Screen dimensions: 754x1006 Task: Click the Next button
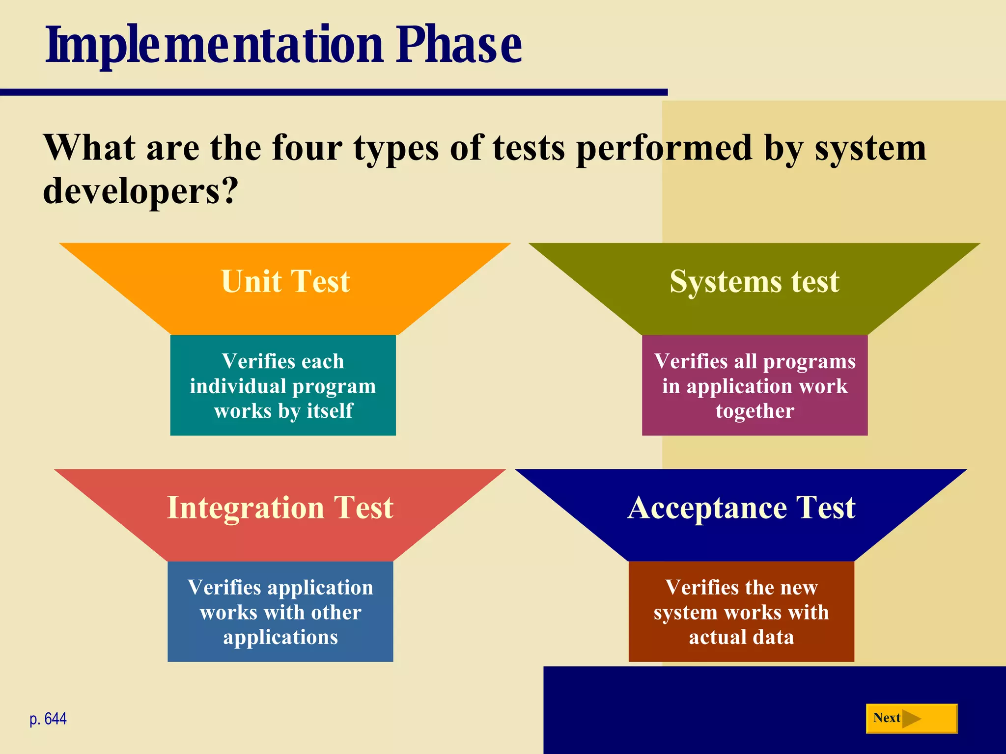[x=911, y=718]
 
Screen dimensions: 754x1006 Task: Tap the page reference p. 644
[x=48, y=719]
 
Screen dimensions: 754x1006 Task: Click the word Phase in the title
[x=459, y=45]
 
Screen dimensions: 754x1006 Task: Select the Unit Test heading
[x=285, y=281]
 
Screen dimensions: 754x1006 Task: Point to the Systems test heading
[x=754, y=281]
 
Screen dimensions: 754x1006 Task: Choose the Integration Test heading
[x=280, y=507]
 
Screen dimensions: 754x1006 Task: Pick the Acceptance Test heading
[x=741, y=507]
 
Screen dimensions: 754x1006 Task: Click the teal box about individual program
[x=283, y=385]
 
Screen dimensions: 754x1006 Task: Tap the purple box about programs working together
[x=754, y=385]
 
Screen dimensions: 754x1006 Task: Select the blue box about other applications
[x=280, y=612]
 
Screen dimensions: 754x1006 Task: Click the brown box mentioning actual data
[x=741, y=612]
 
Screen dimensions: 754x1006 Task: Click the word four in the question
[x=307, y=148]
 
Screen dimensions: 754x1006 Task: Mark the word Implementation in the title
[x=214, y=45]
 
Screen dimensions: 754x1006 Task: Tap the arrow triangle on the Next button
[x=912, y=719]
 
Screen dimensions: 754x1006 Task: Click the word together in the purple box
[x=754, y=411]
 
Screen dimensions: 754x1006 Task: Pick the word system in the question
[x=870, y=149]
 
